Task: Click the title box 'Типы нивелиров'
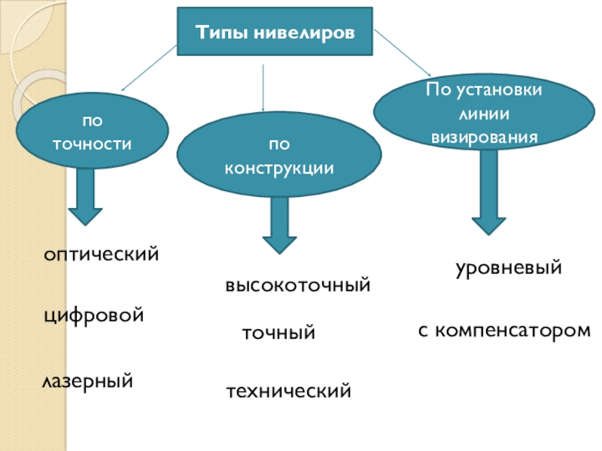tap(275, 32)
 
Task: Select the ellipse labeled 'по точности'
tap(92, 130)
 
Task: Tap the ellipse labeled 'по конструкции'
tap(279, 154)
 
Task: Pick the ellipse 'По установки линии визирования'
tap(484, 112)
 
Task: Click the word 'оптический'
tap(101, 254)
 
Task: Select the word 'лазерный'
tap(87, 382)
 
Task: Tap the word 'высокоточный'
tap(298, 286)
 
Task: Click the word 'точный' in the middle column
tap(278, 333)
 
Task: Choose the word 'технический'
tap(289, 392)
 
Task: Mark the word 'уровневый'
tap(509, 268)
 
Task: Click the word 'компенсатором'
tap(513, 331)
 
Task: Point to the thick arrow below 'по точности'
tap(85, 197)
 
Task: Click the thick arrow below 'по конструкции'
tap(279, 225)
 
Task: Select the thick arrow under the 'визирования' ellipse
tap(488, 192)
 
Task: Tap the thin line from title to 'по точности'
tap(149, 68)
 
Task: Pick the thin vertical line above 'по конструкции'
tap(263, 88)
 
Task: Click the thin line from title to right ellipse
tap(403, 53)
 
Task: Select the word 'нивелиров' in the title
tap(305, 32)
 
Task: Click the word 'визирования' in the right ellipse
tap(485, 138)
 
